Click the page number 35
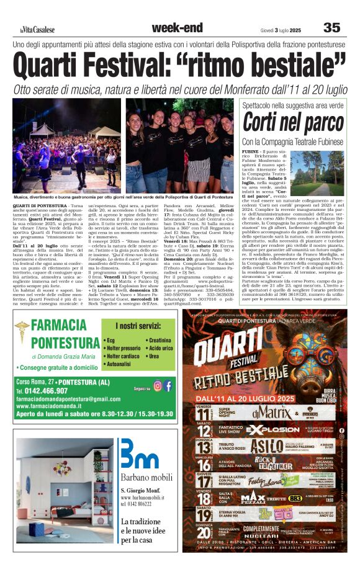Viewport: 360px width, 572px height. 332,28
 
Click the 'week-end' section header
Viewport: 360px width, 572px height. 177,27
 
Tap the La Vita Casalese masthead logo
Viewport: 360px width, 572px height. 37,29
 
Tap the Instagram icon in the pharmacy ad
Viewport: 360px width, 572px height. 158,386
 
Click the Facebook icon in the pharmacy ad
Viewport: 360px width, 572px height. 168,386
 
